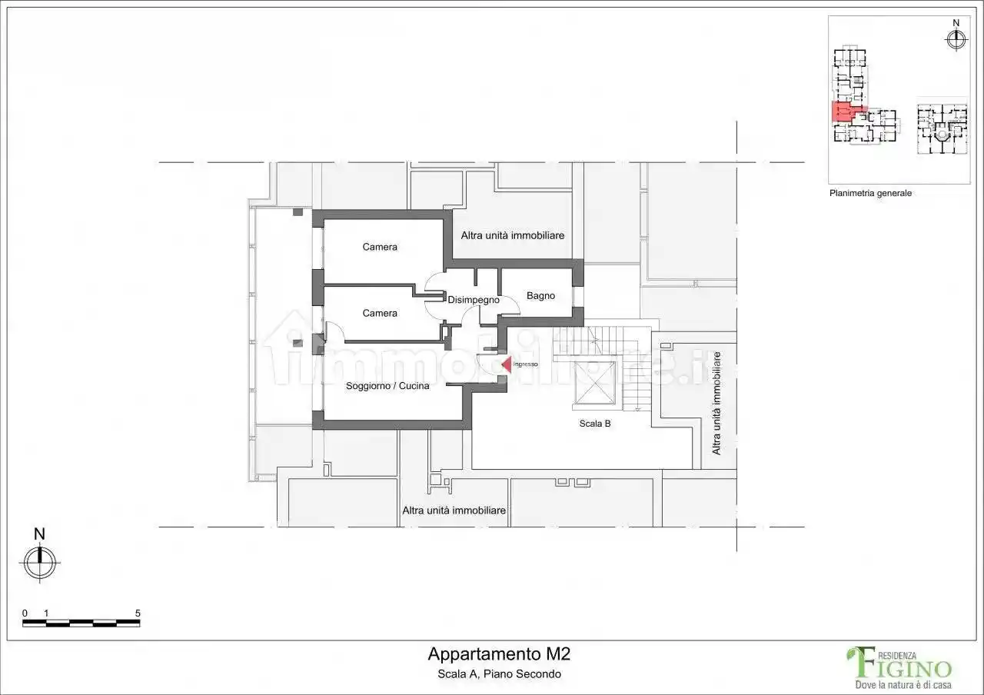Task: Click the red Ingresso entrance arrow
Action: click(507, 364)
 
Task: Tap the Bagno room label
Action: click(540, 296)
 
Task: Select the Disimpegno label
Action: click(474, 300)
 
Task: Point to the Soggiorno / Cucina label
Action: click(387, 386)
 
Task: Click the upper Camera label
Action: click(380, 247)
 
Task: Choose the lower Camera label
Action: click(380, 313)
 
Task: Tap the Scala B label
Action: click(595, 424)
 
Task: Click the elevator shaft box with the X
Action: click(595, 383)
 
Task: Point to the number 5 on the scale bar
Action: click(138, 613)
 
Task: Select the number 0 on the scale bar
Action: click(25, 613)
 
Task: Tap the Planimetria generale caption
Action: click(870, 193)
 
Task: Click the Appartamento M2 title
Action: click(499, 654)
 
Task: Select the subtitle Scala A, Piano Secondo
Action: click(499, 674)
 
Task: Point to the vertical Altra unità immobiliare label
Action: click(716, 403)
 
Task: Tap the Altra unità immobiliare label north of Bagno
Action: click(512, 235)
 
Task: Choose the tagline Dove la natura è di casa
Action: click(903, 684)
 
